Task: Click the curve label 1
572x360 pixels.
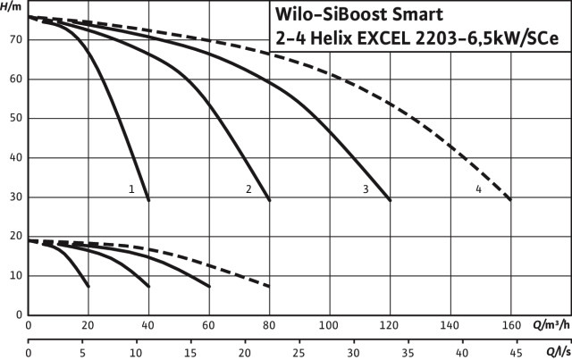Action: pos(131,188)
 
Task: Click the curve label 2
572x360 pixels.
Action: pos(248,188)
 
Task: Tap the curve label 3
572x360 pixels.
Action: pos(366,188)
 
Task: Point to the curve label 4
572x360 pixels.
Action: pos(479,188)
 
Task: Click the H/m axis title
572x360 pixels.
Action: pos(12,6)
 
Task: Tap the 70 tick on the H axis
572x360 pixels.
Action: pos(15,40)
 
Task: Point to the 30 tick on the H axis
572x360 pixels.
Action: pos(15,197)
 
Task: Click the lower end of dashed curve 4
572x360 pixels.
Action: pos(510,201)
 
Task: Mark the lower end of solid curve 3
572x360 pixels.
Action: pos(391,200)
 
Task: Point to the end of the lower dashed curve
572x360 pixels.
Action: pos(269,287)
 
